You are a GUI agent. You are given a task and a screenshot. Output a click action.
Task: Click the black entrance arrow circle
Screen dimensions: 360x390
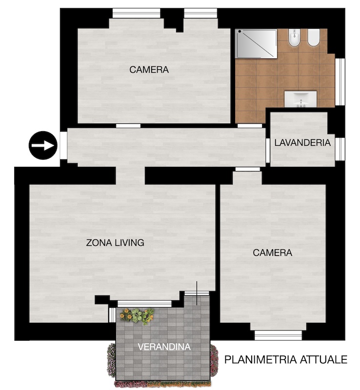43,145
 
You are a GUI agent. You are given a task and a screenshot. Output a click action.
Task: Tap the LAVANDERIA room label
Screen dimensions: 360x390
302,142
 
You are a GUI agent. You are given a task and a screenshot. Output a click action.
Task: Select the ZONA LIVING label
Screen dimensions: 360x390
115,242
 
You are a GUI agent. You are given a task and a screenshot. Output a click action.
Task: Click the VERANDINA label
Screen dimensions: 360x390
164,347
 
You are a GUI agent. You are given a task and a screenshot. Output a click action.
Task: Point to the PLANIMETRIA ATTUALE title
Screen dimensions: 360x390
286,359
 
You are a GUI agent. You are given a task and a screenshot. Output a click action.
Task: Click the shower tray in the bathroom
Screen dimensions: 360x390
256,44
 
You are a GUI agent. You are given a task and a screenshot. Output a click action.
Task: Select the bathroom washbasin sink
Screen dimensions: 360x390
300,99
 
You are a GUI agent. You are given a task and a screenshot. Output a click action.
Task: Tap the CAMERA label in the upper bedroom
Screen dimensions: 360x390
149,70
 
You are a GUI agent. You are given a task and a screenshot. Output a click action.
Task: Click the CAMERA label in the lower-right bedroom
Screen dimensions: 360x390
272,253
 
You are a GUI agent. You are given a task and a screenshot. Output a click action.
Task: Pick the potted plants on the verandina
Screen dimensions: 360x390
137,315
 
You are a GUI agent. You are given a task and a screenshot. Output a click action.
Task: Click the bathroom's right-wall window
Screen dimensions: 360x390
340,81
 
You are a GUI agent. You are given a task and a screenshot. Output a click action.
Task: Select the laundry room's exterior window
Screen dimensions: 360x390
340,149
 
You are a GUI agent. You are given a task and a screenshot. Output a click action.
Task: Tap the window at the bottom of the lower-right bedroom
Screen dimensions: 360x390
279,335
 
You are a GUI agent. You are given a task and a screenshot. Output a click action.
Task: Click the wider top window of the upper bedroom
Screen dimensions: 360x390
136,13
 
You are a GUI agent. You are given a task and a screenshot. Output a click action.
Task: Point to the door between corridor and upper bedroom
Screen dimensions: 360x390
128,126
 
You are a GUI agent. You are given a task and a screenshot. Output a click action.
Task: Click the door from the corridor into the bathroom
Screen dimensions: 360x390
250,126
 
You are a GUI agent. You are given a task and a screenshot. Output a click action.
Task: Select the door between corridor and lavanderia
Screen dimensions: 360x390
268,151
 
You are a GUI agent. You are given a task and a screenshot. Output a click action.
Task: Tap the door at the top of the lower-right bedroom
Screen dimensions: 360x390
248,169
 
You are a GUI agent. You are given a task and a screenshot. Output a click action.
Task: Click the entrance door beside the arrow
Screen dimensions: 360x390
63,145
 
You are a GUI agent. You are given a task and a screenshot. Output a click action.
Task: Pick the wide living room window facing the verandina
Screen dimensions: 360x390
145,304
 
